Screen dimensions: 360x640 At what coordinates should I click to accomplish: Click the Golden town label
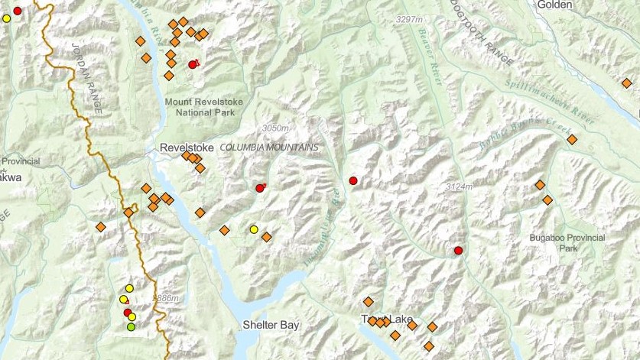click(554, 5)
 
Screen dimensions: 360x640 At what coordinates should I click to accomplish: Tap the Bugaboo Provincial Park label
click(567, 243)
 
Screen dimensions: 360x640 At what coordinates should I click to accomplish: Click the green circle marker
click(132, 327)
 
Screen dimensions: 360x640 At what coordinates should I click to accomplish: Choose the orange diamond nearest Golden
click(626, 83)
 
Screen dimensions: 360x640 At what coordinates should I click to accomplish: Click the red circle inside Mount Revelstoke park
click(193, 65)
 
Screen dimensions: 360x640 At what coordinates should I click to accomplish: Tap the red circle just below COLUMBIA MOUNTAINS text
click(260, 188)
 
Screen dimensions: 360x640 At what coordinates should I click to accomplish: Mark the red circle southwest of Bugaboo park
click(458, 250)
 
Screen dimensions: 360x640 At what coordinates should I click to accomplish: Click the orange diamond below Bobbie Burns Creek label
click(571, 139)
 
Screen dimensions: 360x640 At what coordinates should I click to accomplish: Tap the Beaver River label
click(432, 50)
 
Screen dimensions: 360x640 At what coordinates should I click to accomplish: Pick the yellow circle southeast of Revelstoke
click(254, 229)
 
